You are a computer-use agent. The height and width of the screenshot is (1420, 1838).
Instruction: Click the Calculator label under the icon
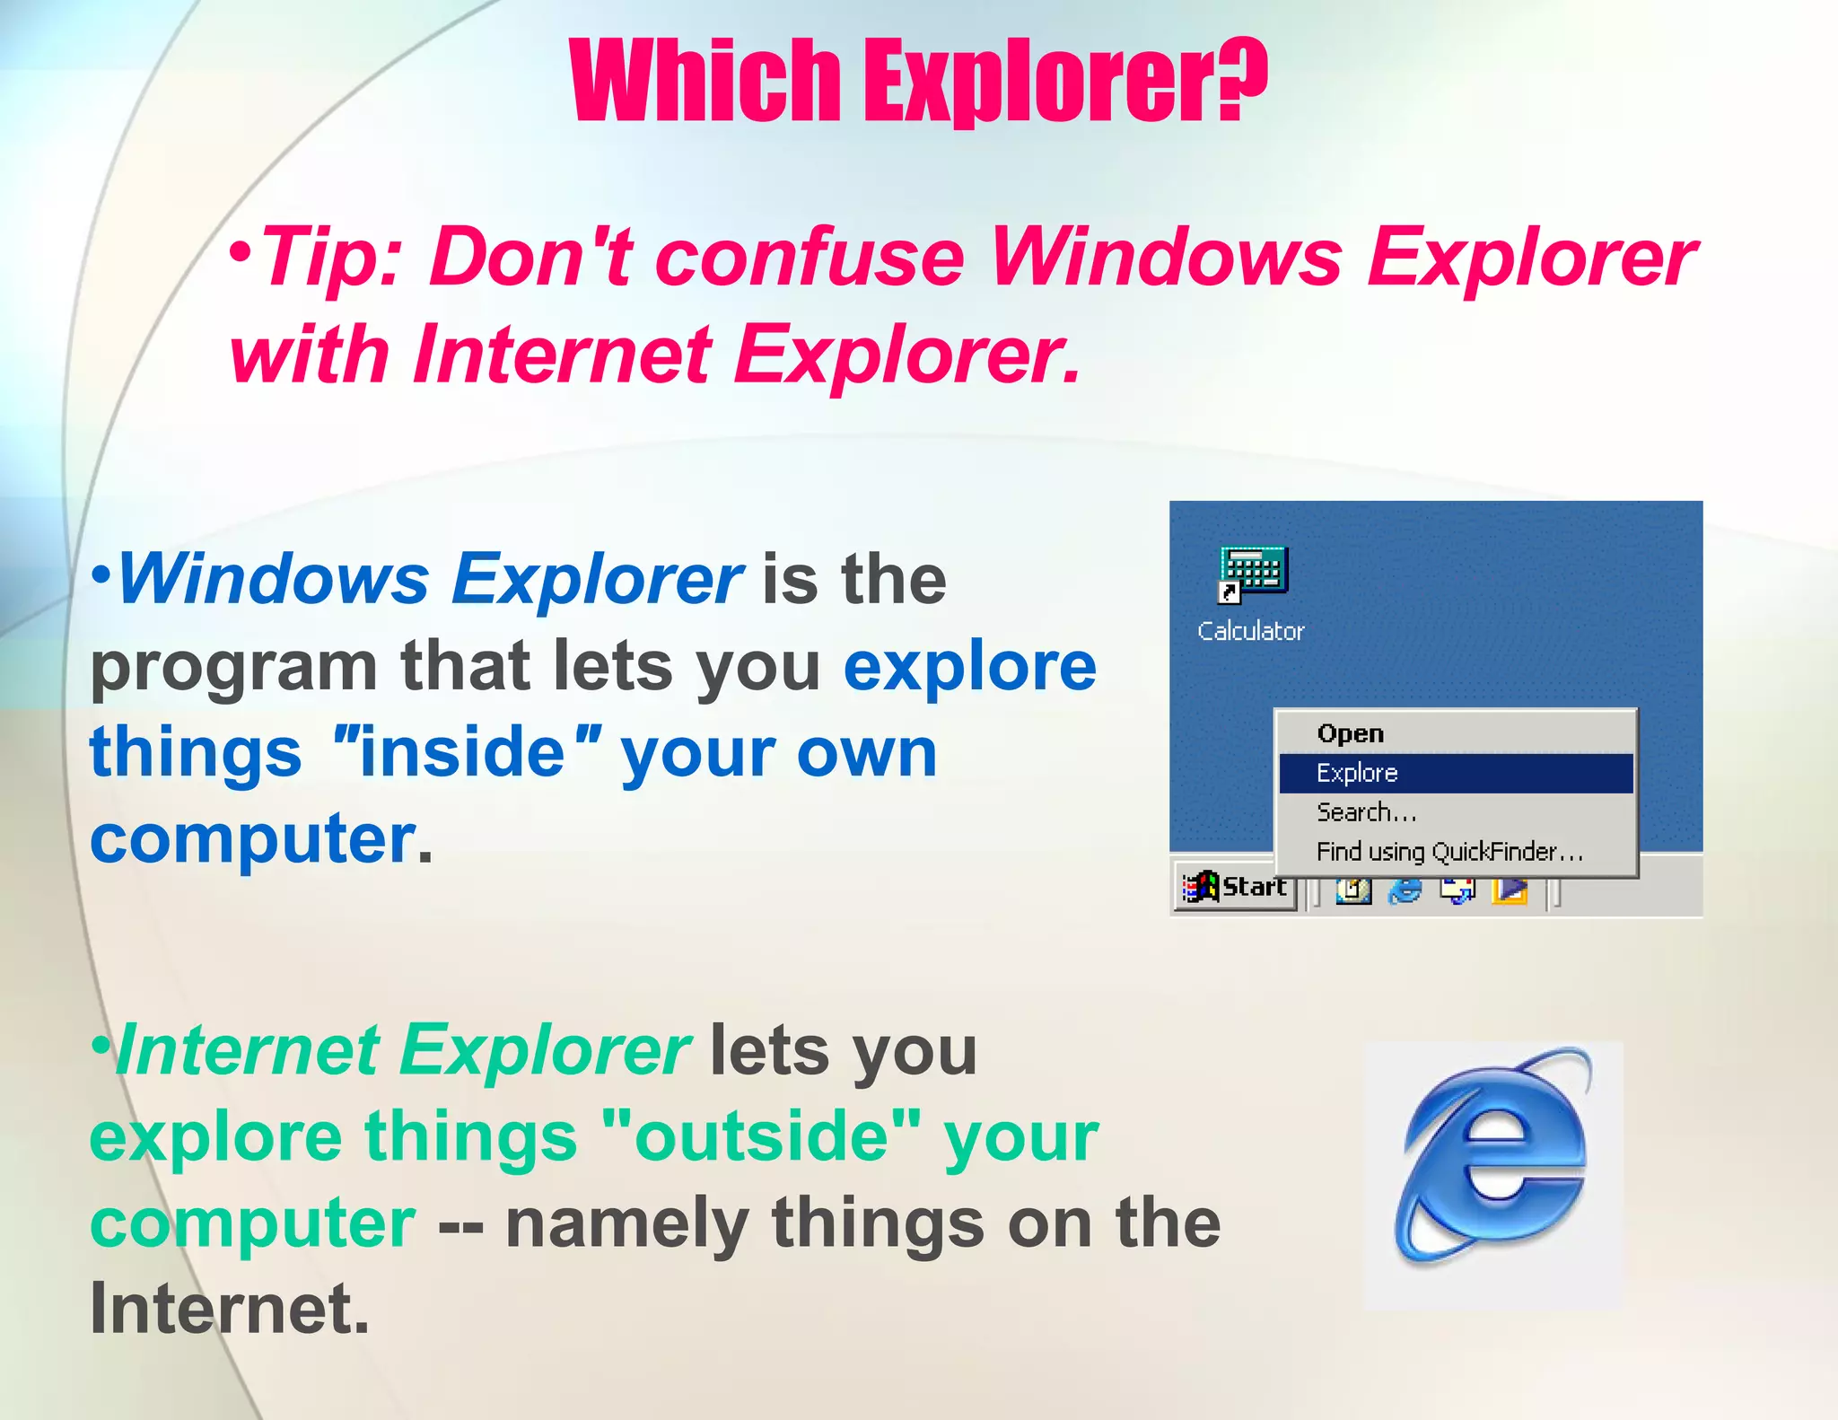[1250, 631]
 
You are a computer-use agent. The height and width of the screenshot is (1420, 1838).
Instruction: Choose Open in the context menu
[1351, 733]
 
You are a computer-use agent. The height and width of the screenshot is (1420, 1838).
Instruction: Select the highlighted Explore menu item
[1357, 773]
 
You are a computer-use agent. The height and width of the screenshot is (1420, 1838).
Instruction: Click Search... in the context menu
[1366, 812]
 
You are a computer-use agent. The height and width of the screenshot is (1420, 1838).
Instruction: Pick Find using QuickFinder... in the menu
[1449, 851]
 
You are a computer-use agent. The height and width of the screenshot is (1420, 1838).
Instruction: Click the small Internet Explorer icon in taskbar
[1405, 890]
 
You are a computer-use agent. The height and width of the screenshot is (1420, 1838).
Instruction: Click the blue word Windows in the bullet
[274, 580]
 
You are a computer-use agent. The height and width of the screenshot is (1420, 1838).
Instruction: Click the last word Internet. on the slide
[230, 1309]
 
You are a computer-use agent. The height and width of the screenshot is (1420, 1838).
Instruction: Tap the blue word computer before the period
[252, 839]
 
